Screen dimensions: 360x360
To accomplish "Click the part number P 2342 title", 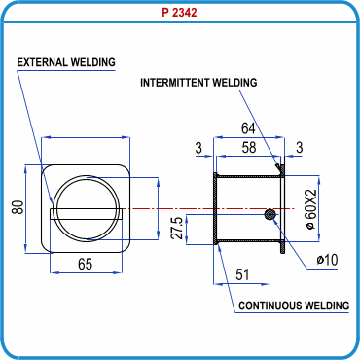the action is (x=179, y=13).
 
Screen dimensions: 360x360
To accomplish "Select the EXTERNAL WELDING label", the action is (x=66, y=62).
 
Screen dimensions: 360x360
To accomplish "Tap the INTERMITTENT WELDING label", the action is (x=198, y=83).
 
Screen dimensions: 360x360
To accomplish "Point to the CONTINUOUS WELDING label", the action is (x=294, y=306).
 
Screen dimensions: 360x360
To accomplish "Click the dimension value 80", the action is (x=18, y=207).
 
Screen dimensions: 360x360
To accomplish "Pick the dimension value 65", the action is (x=86, y=264).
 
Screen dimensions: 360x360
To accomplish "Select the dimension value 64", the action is (x=248, y=128).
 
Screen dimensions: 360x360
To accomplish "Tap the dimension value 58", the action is (x=249, y=148).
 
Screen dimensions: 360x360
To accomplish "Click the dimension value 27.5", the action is (x=177, y=229).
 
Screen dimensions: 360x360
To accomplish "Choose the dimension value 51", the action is (x=242, y=275).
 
